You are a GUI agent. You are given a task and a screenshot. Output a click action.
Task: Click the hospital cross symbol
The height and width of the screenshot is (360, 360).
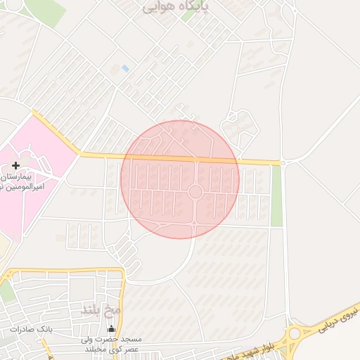(15, 165)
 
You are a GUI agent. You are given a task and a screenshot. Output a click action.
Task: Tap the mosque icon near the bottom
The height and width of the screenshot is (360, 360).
(110, 328)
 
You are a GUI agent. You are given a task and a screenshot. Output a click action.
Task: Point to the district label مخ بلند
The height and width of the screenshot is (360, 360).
(102, 309)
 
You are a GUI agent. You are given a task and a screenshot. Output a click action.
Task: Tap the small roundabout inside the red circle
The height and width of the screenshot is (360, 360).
(195, 191)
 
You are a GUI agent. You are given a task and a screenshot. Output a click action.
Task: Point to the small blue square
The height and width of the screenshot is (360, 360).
(125, 68)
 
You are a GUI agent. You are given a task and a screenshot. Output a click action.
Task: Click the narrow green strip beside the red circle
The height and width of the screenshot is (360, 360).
(276, 195)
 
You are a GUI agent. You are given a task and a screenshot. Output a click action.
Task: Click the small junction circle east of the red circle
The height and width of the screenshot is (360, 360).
(283, 162)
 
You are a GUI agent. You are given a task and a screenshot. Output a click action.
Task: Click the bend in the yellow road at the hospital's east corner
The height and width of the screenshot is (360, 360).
(79, 153)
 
